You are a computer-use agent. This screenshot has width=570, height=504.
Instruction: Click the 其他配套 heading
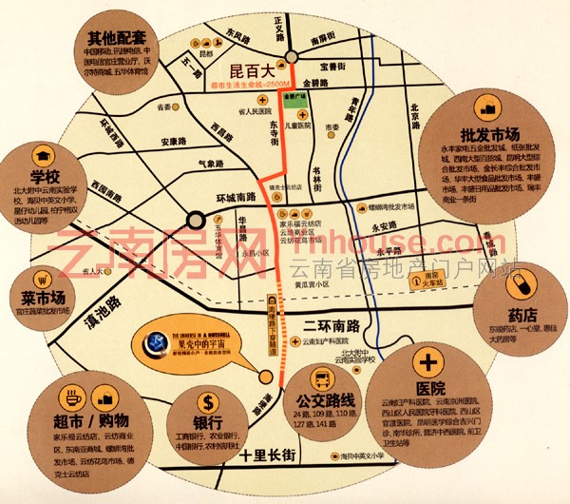coord(114,39)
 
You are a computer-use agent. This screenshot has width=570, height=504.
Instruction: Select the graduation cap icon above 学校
coord(43,154)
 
